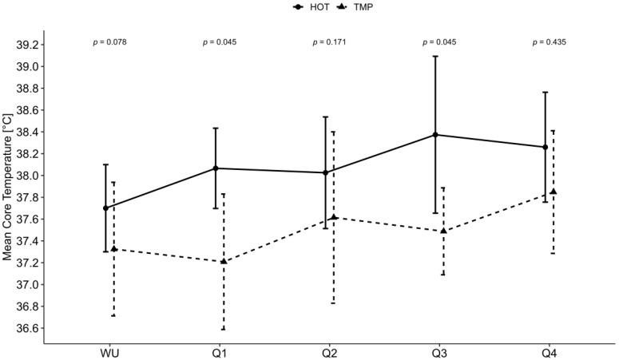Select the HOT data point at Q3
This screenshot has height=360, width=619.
tap(435, 135)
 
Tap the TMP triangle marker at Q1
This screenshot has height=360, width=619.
tap(224, 261)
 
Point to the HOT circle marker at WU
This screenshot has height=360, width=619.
tap(105, 208)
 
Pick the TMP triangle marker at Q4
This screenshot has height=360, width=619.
tap(553, 192)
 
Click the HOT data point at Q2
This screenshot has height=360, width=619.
tap(325, 172)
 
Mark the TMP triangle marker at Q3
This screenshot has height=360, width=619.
tap(443, 231)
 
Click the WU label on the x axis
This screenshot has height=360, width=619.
tap(109, 352)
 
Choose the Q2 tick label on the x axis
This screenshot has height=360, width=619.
tap(329, 352)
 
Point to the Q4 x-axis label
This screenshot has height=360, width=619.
tap(550, 352)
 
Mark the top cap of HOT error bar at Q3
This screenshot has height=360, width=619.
tap(435, 57)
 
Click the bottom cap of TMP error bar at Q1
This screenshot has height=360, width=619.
tap(224, 329)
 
